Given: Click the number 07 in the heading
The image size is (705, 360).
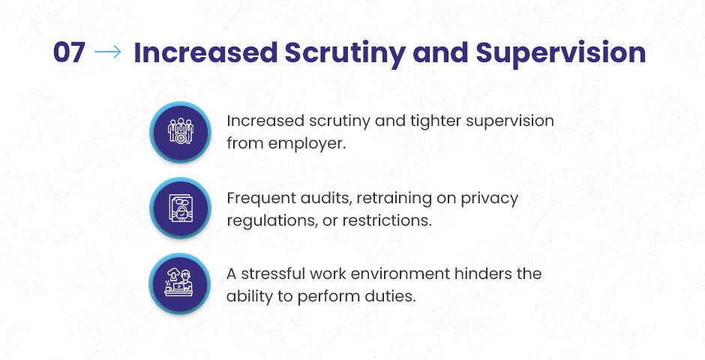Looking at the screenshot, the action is coord(69,52).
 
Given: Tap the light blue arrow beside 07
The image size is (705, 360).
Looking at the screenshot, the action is coord(108,52).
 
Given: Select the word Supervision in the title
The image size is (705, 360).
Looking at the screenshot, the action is coord(561,53).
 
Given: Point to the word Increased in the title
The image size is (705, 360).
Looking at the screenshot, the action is coord(205,52).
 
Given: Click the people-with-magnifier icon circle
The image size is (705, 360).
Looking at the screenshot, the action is coord(180,132).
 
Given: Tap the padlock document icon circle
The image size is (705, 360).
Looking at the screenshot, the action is coord(180,208).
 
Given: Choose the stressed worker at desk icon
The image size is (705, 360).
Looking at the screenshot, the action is coord(180,284).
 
